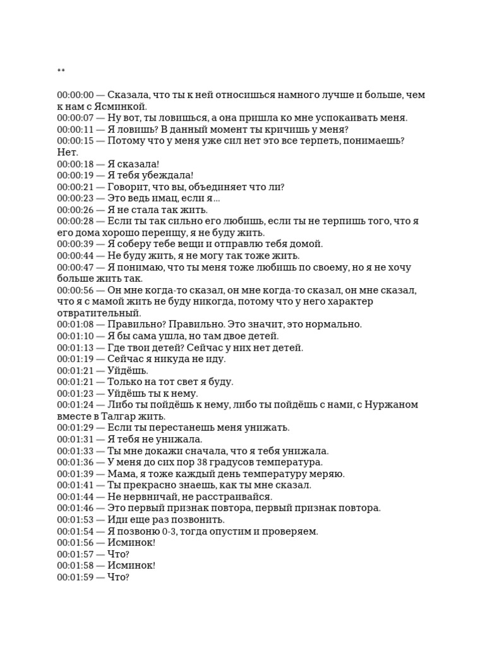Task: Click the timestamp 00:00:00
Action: tap(75, 95)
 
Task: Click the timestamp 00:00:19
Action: tap(75, 175)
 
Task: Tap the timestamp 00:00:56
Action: tap(75, 290)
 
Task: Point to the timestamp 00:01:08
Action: tap(75, 324)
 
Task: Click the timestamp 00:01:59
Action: tap(75, 577)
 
